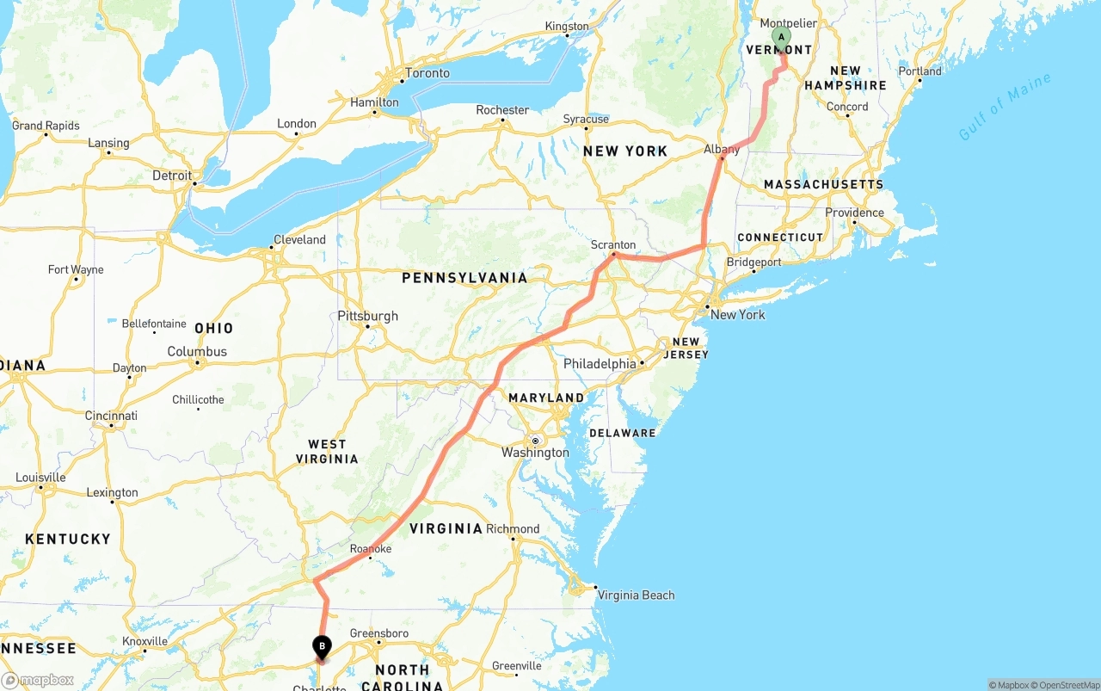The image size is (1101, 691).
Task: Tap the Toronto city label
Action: [x=427, y=73]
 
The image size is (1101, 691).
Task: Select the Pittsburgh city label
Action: [x=367, y=316]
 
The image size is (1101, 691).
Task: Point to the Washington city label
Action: [x=535, y=453]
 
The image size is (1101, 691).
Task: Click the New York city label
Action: [x=737, y=315]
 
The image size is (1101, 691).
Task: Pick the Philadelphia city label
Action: [x=600, y=364]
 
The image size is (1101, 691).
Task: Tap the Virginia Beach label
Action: [x=636, y=595]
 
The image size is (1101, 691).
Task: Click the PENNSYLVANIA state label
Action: [x=464, y=278]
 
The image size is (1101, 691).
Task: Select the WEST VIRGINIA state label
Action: [x=327, y=452]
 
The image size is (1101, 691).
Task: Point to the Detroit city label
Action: [x=172, y=176]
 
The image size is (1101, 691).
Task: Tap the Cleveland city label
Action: [x=299, y=240]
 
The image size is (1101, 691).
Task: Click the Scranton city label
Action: [x=613, y=245]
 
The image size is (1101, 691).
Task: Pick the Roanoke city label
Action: [x=371, y=549]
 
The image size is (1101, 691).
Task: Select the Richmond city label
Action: [x=513, y=529]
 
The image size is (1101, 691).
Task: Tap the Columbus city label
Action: [x=197, y=352]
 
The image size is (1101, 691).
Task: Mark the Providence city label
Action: [x=854, y=213]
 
